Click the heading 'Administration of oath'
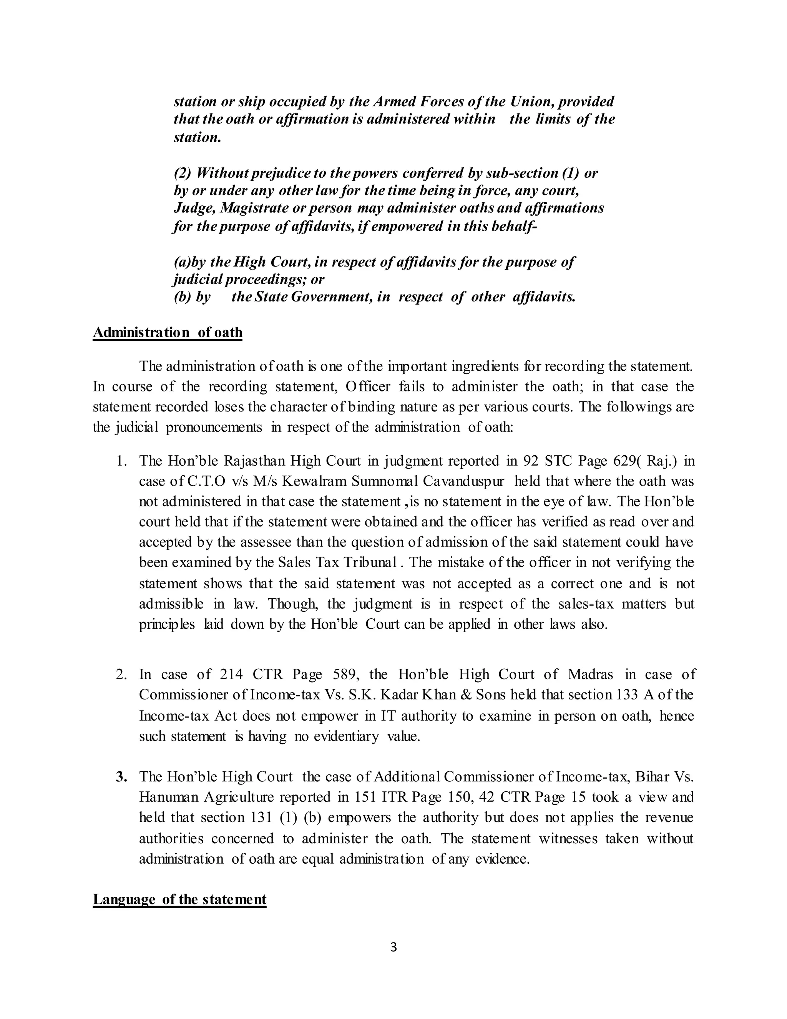point(168,333)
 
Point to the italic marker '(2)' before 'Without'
point(182,173)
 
